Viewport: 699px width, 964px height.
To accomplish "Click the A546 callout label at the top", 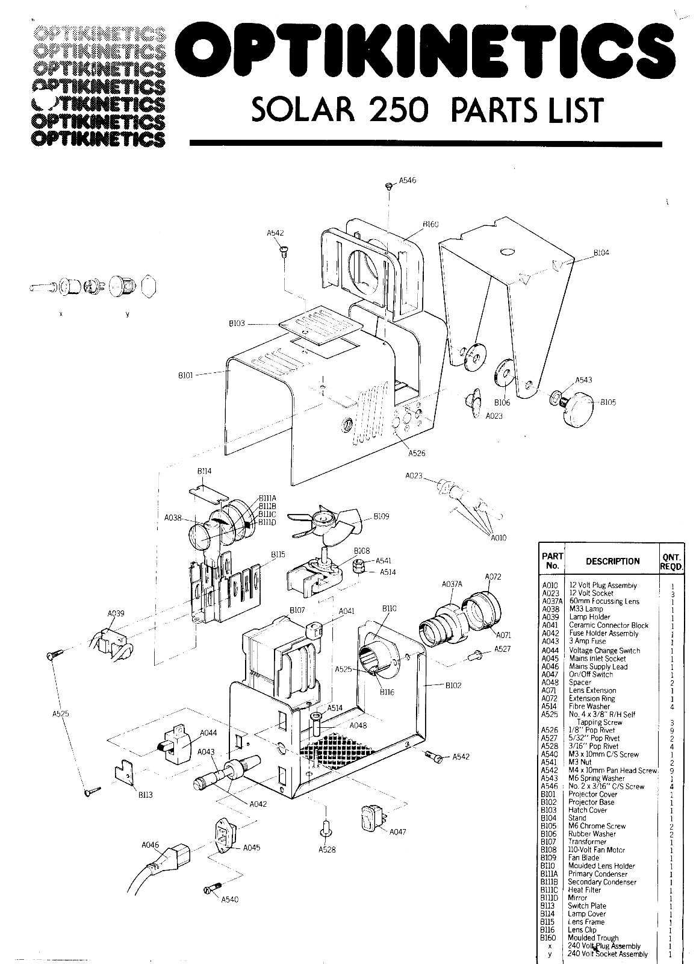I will (x=407, y=180).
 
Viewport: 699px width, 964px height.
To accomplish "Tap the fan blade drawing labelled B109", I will (x=325, y=522).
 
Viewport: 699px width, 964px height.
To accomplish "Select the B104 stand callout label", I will (x=601, y=253).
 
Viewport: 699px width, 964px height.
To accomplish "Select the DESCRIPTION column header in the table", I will (x=612, y=561).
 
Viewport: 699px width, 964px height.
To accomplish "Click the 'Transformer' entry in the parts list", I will (x=587, y=842).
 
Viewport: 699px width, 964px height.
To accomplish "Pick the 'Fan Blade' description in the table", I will (x=583, y=857).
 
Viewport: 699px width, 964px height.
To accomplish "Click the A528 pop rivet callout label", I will (x=328, y=850).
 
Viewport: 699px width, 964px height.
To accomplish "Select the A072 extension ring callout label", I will (x=493, y=577).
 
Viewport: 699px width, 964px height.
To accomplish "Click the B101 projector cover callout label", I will (x=185, y=375).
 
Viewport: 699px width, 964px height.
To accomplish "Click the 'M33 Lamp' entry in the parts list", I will (x=586, y=609).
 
